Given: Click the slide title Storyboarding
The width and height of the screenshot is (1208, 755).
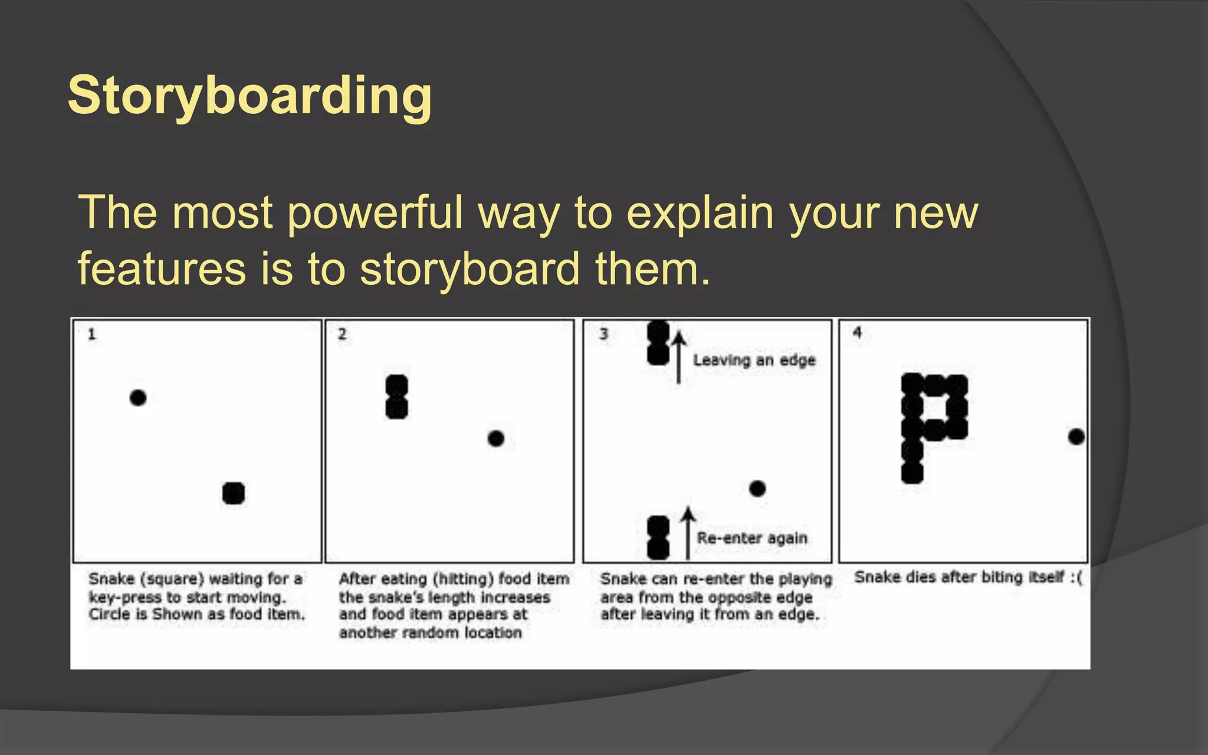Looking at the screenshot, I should click(x=250, y=96).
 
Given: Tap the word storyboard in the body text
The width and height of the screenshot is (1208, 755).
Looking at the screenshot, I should click(x=470, y=269).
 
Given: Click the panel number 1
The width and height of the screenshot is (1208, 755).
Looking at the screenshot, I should click(x=91, y=334).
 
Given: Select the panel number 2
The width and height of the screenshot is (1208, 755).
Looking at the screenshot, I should click(x=342, y=334).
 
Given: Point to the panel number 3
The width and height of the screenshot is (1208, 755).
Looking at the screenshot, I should click(x=603, y=334).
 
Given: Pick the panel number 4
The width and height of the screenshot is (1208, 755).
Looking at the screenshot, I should click(x=857, y=333).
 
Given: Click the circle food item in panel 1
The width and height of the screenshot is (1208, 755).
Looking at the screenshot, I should click(x=138, y=398).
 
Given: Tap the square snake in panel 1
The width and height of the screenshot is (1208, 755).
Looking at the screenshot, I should click(x=234, y=493).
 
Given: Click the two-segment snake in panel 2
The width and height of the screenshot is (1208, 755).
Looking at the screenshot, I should click(x=397, y=396).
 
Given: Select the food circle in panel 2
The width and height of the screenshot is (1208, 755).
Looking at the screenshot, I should click(x=496, y=438).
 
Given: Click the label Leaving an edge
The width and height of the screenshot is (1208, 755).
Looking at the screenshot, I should click(x=754, y=360).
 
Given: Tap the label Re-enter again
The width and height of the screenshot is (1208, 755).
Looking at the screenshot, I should click(x=751, y=538).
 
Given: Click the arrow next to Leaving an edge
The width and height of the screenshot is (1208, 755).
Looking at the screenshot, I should click(x=679, y=357).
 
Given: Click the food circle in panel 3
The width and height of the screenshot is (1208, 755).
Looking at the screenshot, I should click(x=757, y=488).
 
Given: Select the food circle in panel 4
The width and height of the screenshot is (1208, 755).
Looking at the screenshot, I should click(x=1076, y=437).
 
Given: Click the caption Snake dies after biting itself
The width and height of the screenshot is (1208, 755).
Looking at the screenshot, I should click(x=967, y=577).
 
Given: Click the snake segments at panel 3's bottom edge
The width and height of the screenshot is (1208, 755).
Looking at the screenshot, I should click(x=658, y=537).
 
